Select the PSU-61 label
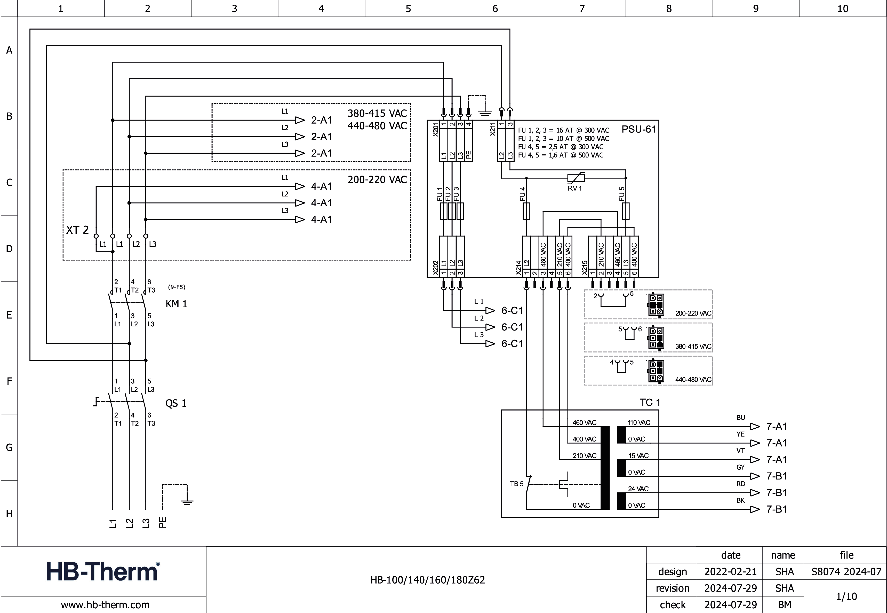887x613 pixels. click(x=639, y=129)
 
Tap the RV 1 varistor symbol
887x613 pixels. click(x=576, y=178)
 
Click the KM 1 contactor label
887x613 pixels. click(x=176, y=304)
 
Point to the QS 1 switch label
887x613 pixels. click(x=176, y=403)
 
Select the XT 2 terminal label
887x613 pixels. click(x=77, y=230)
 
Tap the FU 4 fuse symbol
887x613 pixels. click(x=526, y=211)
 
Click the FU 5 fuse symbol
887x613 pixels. click(x=626, y=211)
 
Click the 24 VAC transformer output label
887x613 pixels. click(x=638, y=489)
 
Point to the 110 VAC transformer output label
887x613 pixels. click(x=639, y=422)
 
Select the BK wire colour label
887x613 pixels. click(x=740, y=500)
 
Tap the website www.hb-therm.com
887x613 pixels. click(x=105, y=605)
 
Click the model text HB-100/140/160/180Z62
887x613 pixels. click(x=428, y=580)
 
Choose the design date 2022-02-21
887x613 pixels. click(x=730, y=572)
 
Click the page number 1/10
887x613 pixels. click(x=846, y=596)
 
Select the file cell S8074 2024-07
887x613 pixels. click(x=846, y=572)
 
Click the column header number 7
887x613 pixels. click(x=582, y=9)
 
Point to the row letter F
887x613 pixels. click(x=9, y=381)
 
